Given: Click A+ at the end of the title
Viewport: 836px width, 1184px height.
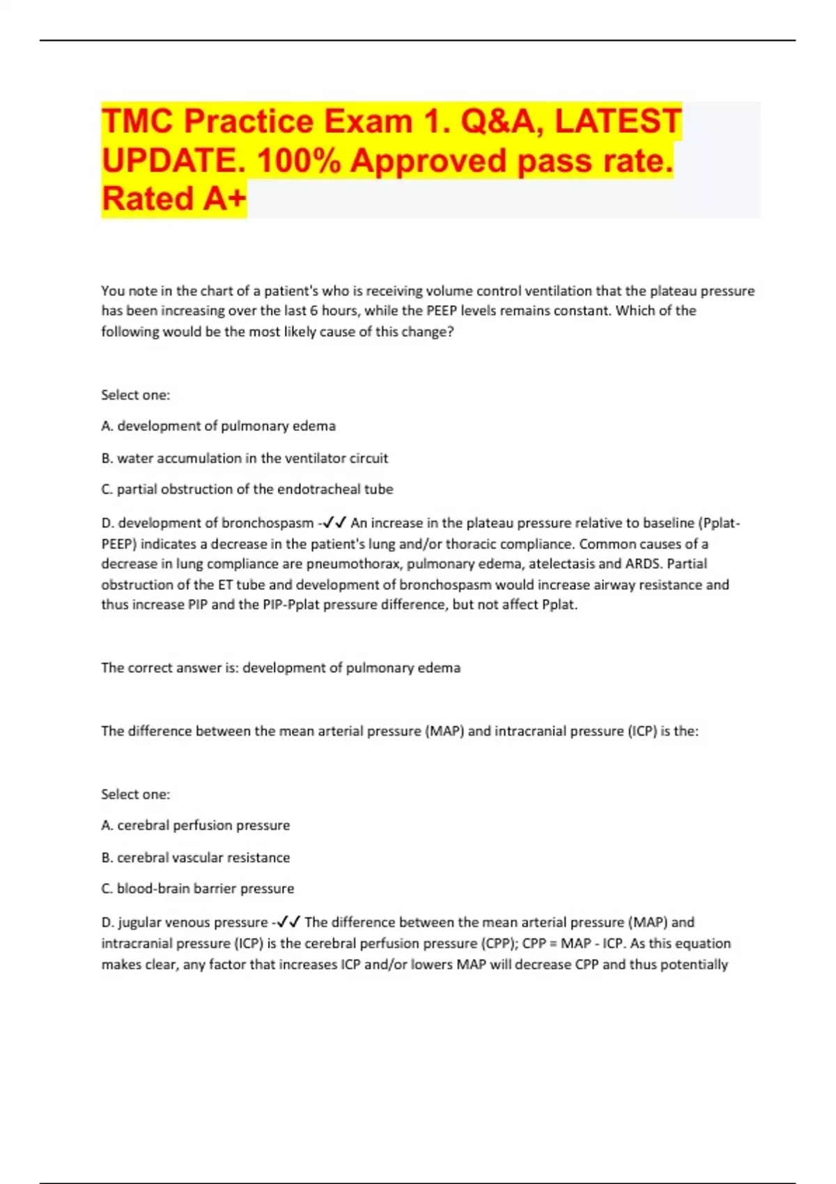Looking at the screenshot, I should coord(225,198).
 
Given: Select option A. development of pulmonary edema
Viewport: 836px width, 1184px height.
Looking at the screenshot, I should coord(218,426).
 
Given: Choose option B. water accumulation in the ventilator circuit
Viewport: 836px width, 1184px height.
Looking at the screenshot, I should coord(245,458).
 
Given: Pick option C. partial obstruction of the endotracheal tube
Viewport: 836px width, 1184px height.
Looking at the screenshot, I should coord(247,489).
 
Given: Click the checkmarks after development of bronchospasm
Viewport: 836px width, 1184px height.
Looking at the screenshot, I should coord(334,523).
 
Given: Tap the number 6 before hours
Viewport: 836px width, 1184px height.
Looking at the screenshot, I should coord(313,311).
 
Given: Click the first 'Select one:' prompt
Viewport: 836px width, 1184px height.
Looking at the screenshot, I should coord(135,395).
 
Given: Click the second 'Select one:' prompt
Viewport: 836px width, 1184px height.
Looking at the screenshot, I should coord(135,794).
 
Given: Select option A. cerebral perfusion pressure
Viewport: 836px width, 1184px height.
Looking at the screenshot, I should coord(196,825).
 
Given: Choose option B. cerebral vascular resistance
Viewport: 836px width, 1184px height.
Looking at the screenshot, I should coord(196,857).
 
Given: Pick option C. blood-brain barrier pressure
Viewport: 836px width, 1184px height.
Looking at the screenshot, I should coord(198,889).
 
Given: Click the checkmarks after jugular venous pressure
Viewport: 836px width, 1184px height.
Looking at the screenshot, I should coord(288,923).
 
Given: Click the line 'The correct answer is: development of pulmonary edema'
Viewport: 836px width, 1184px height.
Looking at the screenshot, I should coord(281,668).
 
